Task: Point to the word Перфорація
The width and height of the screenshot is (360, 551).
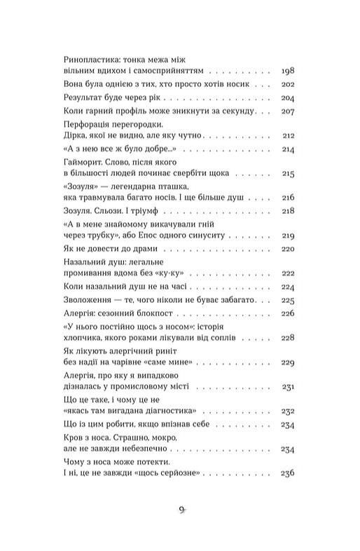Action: tap(87, 123)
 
